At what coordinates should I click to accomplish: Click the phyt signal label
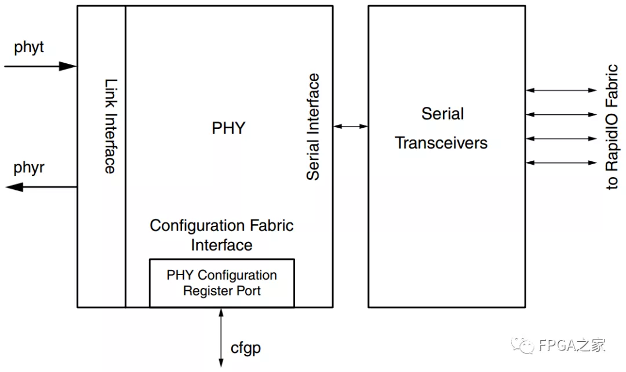click(29, 48)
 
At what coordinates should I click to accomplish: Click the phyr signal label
click(29, 168)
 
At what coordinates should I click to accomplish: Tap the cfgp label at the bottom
click(246, 348)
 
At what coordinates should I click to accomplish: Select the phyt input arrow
click(41, 66)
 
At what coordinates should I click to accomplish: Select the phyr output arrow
click(41, 187)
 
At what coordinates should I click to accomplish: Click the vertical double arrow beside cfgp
click(221, 337)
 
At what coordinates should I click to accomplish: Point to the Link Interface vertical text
click(110, 127)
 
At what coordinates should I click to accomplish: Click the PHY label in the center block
click(228, 128)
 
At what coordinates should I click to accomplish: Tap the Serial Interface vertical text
click(313, 127)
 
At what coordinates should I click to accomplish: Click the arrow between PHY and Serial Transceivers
click(351, 126)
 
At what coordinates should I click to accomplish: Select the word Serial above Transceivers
click(442, 114)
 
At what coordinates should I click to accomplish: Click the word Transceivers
click(441, 143)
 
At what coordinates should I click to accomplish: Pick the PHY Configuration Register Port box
click(221, 283)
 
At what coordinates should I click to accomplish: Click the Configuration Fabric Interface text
click(221, 234)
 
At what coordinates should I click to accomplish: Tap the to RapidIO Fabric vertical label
click(612, 127)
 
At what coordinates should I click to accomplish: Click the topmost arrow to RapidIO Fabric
click(561, 90)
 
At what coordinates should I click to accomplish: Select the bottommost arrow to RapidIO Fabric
click(561, 163)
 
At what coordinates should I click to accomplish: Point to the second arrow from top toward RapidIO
click(561, 114)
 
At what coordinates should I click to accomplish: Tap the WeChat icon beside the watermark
click(526, 346)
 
